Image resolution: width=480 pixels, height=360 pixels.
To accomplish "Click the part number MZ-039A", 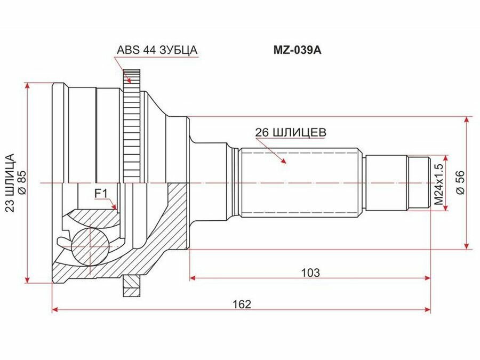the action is coord(297,50).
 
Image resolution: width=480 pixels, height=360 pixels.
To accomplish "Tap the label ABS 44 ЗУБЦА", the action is coord(157,50).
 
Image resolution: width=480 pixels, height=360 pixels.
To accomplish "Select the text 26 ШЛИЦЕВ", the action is coord(291,132).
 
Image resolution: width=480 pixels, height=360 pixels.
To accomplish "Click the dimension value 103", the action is coord(310,273).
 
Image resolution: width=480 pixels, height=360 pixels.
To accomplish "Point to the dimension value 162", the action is coord(242,304).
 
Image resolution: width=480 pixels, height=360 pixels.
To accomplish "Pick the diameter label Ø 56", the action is coord(460,182).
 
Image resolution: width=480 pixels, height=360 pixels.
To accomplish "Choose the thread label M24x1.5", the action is coord(439,185).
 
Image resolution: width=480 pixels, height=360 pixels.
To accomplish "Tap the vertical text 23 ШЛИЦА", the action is coord(10,183).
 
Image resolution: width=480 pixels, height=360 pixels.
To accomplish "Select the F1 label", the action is coord(101,194).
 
